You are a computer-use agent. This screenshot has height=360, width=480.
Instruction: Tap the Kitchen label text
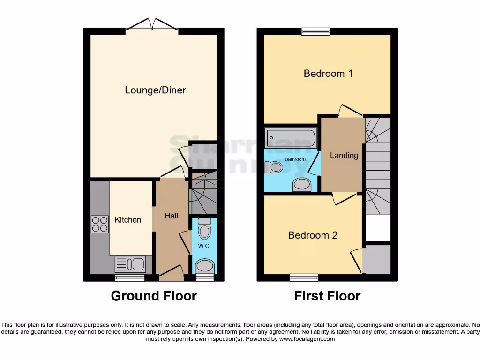tap(128, 219)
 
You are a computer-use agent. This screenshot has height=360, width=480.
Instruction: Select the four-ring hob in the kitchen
tap(99, 224)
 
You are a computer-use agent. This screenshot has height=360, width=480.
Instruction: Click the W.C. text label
tap(203, 246)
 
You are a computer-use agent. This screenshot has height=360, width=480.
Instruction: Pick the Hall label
tap(171, 216)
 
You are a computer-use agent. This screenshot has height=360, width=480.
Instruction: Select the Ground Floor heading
tap(154, 296)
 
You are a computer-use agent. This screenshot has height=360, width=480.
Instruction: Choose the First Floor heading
tap(327, 296)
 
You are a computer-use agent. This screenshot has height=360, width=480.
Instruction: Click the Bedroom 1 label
tap(328, 73)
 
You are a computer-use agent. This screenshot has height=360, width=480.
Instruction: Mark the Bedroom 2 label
tap(313, 235)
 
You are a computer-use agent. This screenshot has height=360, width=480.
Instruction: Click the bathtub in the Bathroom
tap(291, 138)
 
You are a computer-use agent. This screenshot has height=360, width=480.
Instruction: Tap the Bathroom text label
tap(295, 159)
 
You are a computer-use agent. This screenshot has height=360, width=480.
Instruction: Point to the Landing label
tap(344, 155)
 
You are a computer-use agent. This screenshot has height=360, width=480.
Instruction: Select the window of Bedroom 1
tap(316, 31)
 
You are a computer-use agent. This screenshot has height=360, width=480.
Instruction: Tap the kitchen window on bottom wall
tap(130, 278)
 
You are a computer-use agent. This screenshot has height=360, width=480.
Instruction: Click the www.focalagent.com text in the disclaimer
tap(307, 339)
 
